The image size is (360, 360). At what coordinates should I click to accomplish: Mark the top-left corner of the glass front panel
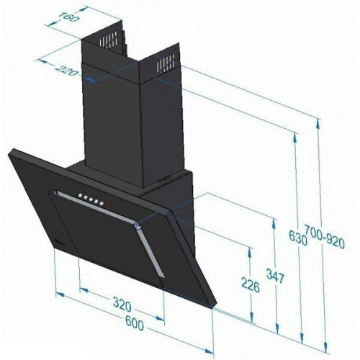coord(12,150)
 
